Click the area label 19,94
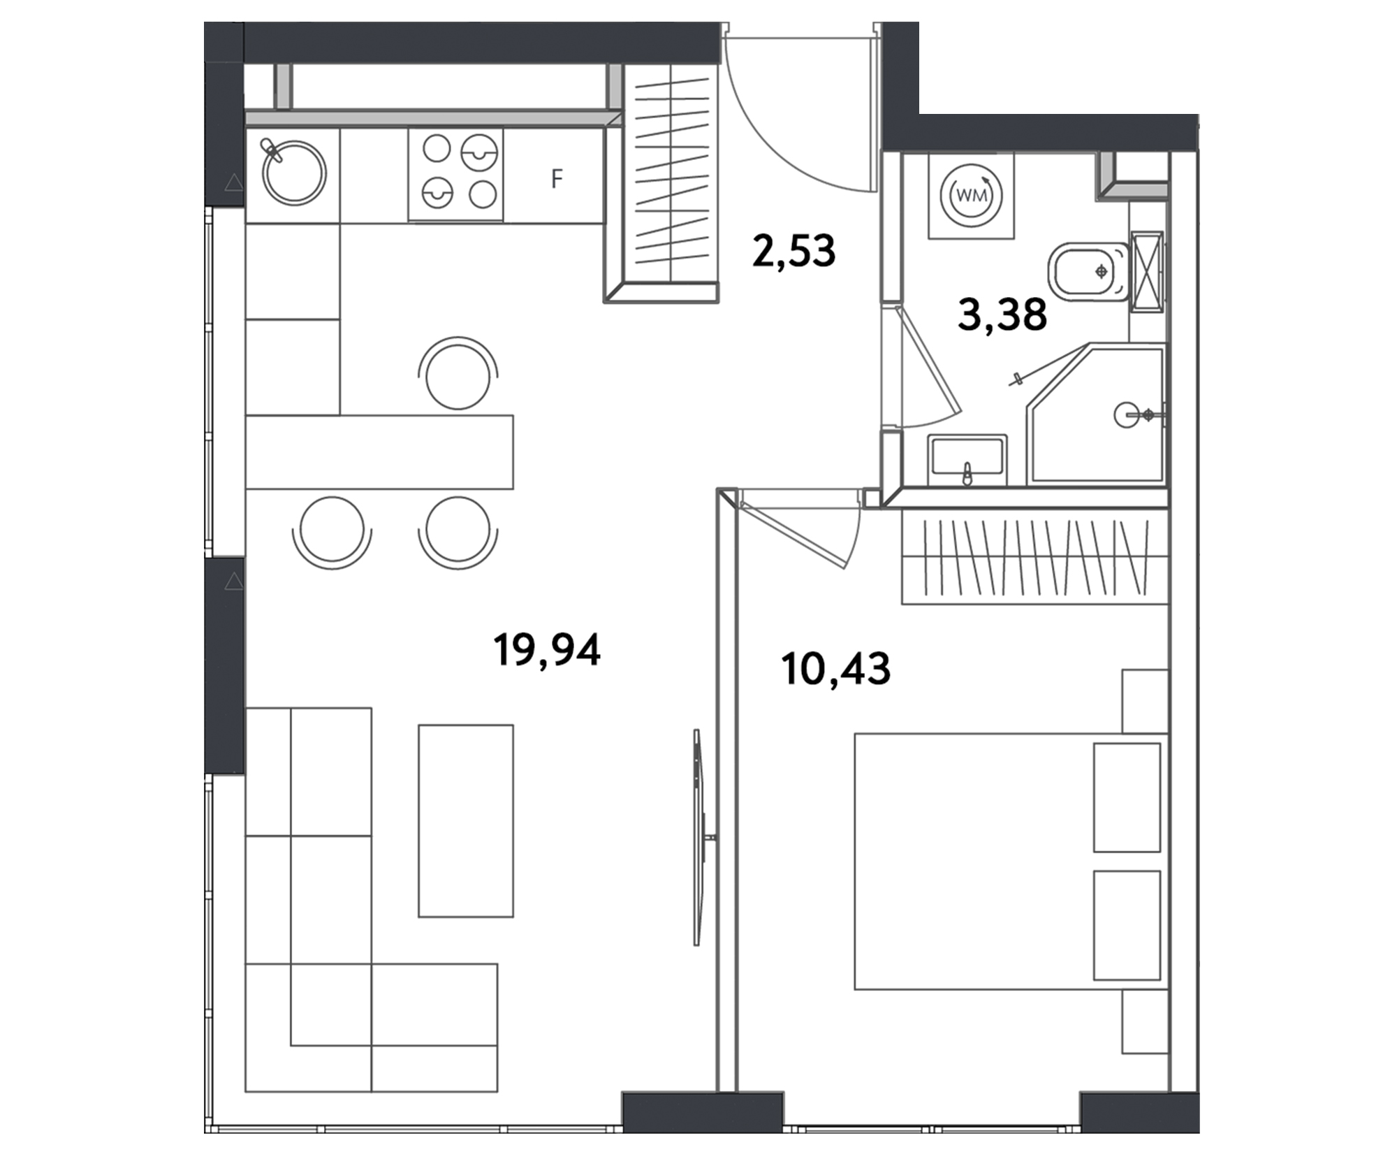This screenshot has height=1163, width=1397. click(x=547, y=650)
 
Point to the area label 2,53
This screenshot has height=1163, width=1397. click(x=793, y=251)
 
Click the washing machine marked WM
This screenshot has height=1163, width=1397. click(x=971, y=196)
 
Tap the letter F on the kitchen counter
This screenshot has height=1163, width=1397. click(x=557, y=179)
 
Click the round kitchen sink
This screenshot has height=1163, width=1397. click(x=294, y=173)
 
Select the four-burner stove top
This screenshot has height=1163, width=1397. click(x=455, y=174)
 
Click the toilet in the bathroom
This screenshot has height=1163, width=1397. click(x=1089, y=271)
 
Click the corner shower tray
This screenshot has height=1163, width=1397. click(x=1097, y=413)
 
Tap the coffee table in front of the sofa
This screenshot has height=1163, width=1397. click(x=466, y=821)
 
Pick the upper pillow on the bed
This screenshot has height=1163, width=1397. click(x=1127, y=797)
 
